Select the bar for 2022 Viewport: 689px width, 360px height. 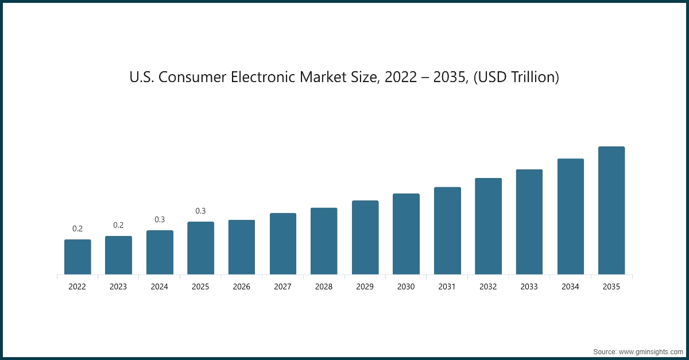click(x=78, y=257)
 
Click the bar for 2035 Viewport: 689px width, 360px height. click(x=611, y=210)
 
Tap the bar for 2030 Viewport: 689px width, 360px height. click(x=406, y=234)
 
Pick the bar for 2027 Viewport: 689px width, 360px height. click(x=283, y=243)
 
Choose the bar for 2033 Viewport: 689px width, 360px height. click(x=529, y=222)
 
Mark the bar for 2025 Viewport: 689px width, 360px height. click(x=200, y=248)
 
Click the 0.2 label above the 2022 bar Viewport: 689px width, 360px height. click(x=78, y=229)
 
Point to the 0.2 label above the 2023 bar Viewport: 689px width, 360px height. click(x=118, y=225)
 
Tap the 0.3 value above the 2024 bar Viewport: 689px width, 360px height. click(x=160, y=219)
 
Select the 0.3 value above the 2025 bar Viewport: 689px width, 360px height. click(x=200, y=211)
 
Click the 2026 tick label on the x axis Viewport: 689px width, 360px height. click(x=242, y=287)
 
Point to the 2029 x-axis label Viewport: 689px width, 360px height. click(x=365, y=287)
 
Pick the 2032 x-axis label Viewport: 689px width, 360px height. click(x=488, y=287)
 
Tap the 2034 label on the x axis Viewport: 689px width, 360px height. click(x=570, y=287)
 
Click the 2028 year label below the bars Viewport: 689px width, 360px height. click(x=324, y=287)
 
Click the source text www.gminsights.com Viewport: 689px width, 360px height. click(x=652, y=350)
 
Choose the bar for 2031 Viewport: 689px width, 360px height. click(x=447, y=230)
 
